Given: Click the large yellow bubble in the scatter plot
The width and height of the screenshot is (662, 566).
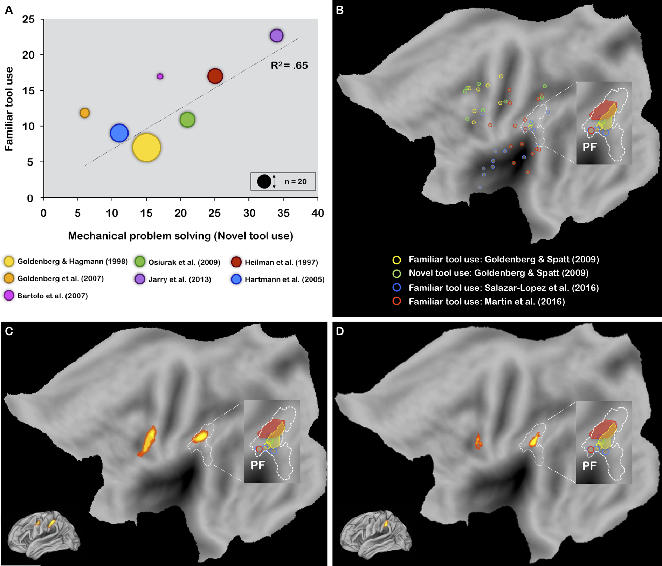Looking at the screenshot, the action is click(x=146, y=148).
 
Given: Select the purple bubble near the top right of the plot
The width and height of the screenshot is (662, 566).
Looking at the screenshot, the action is click(x=276, y=35).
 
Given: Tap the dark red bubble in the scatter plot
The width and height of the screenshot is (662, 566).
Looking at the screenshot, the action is click(x=215, y=76).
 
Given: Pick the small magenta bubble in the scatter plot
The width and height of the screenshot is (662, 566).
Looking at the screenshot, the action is click(x=160, y=76).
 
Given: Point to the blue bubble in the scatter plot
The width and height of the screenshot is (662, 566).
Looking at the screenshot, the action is click(x=119, y=133).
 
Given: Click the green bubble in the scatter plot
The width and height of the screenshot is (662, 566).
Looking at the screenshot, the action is click(x=187, y=120).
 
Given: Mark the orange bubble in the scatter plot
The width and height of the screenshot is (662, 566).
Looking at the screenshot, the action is click(x=84, y=113).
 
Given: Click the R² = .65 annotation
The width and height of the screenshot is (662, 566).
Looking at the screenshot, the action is click(x=289, y=65).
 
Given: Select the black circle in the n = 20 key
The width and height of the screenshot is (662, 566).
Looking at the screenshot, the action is click(x=264, y=181).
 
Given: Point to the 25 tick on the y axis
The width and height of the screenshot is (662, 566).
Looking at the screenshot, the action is click(x=28, y=19).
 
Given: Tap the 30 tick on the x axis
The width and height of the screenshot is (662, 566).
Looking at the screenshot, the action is click(x=249, y=213).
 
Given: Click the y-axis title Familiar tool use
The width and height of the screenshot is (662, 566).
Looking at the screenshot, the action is click(x=9, y=109).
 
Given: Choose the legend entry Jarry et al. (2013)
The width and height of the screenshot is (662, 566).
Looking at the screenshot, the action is click(x=173, y=279).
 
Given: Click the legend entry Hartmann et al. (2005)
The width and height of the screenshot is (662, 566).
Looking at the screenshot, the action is click(x=278, y=279).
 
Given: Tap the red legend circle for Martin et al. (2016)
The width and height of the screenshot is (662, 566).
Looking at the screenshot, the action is click(x=396, y=301).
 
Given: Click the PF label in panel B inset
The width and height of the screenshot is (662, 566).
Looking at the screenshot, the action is click(x=589, y=147).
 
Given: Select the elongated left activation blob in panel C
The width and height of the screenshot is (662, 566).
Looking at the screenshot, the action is click(x=147, y=441).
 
